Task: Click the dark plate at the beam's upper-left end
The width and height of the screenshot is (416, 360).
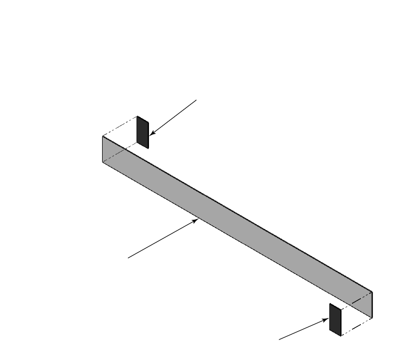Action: (143, 133)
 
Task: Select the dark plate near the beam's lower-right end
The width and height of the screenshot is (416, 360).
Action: (335, 319)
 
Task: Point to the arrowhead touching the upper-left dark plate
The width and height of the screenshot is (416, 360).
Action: (151, 135)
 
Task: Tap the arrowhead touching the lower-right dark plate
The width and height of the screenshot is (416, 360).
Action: (328, 319)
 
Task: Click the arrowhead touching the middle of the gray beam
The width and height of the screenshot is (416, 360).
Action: (197, 220)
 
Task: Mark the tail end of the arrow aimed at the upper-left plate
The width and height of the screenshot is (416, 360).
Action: (196, 100)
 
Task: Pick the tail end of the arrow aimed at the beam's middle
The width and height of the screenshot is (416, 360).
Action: (128, 257)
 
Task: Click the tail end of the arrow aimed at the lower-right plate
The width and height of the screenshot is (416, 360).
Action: (279, 339)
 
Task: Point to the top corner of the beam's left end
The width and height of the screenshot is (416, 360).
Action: (103, 136)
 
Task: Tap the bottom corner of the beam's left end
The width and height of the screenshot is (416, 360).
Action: (103, 162)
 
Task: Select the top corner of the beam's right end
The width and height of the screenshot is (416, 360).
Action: (372, 292)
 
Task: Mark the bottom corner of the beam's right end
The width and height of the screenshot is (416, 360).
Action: (372, 318)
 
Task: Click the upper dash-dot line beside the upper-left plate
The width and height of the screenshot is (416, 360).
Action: (120, 126)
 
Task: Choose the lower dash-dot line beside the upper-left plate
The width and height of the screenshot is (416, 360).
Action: (120, 153)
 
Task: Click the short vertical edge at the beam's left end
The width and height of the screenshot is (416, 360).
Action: (103, 149)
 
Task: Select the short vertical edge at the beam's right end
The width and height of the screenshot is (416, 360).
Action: (372, 305)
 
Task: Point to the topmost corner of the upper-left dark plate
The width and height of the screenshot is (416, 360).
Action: (138, 117)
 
